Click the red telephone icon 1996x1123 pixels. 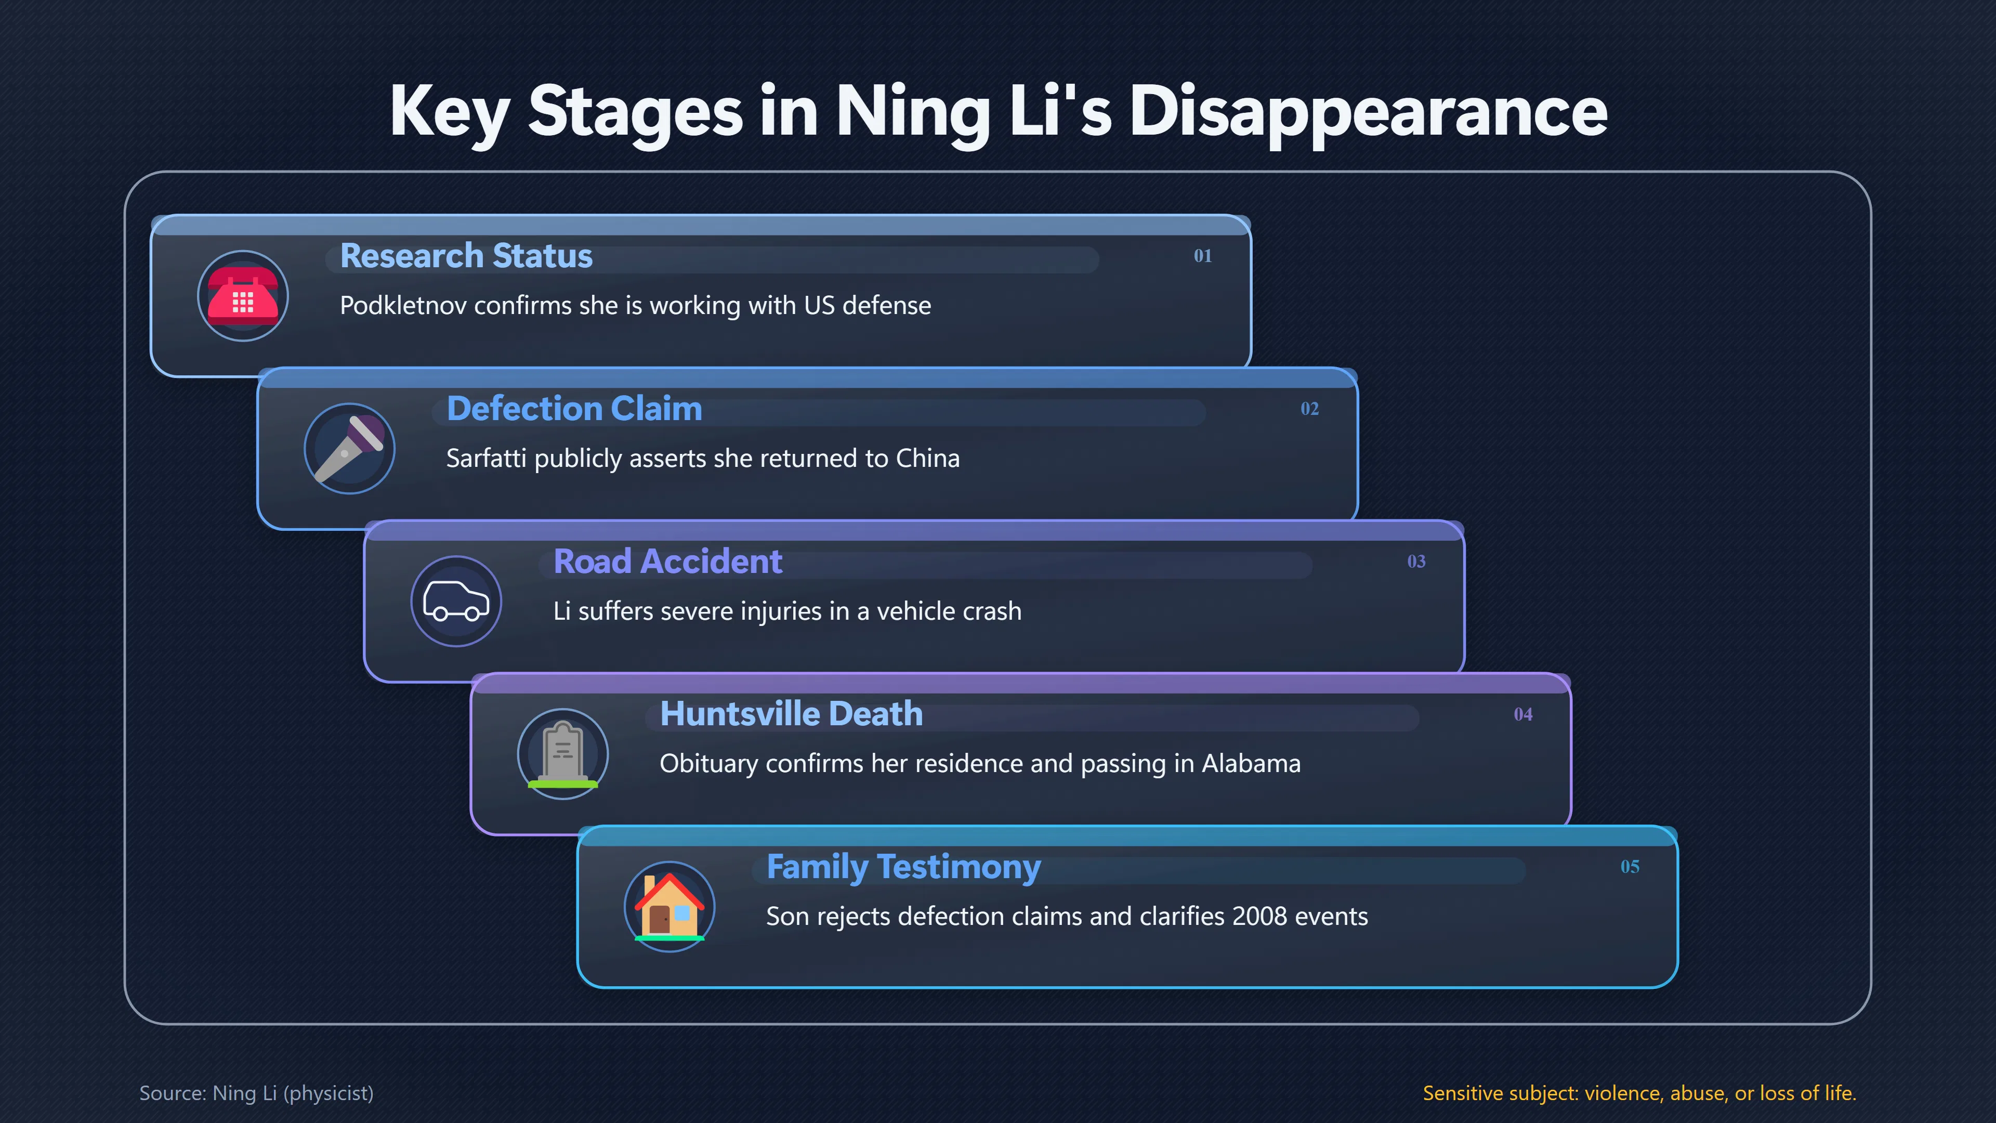[x=243, y=295]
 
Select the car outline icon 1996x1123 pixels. [x=456, y=600]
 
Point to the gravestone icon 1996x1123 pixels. [x=562, y=754]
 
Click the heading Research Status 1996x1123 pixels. [x=466, y=256]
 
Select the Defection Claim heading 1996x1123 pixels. [x=574, y=409]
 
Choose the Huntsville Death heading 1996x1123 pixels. [x=791, y=714]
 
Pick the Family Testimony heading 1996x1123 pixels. [x=903, y=867]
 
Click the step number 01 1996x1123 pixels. [x=1203, y=256]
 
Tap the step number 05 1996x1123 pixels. [x=1630, y=867]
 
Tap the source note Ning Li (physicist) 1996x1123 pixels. [x=293, y=1093]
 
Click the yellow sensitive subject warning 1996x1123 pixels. [x=1639, y=1093]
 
